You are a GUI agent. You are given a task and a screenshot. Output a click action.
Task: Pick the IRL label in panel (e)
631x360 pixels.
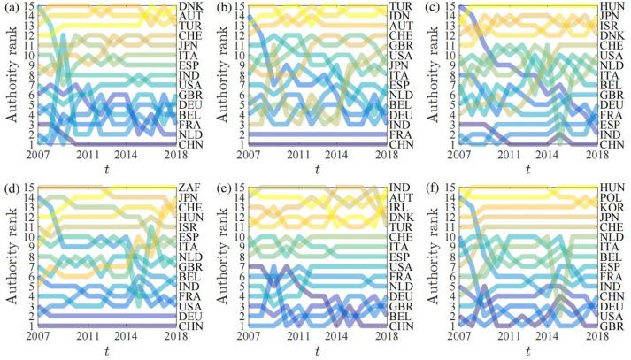(400, 208)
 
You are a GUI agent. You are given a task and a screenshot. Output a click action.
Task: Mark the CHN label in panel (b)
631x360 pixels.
(401, 143)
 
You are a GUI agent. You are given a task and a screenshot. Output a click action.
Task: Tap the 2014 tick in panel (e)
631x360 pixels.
(334, 338)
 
